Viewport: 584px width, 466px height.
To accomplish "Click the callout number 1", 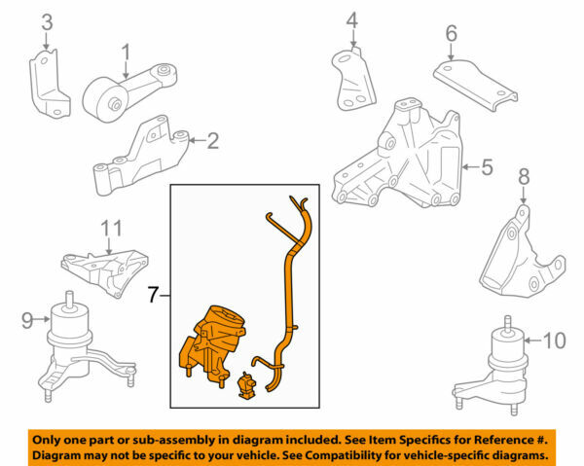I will [126, 50].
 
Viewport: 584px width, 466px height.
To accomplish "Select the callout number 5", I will [487, 167].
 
